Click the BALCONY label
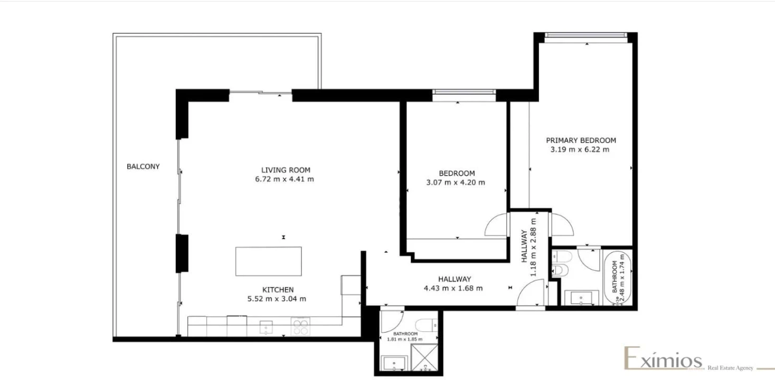[143, 166]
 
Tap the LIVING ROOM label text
[286, 170]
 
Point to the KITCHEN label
[278, 290]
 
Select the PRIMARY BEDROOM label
[581, 140]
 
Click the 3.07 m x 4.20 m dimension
[456, 183]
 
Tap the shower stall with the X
[424, 357]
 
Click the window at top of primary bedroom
[585, 35]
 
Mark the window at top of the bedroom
[464, 94]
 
